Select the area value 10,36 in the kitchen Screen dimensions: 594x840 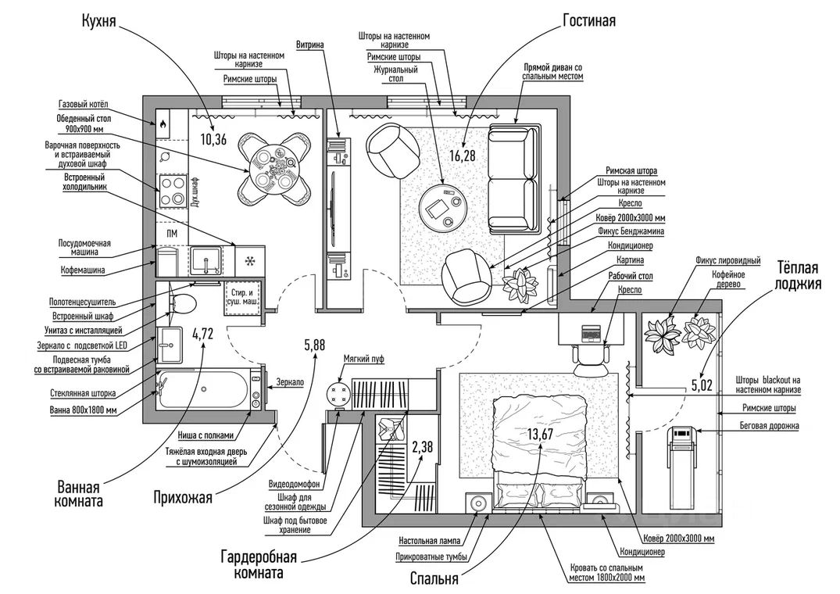213,141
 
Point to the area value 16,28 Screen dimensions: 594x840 462,156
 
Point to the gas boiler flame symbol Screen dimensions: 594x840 164,123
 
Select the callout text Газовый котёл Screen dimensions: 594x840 87,105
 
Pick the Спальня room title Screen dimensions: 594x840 434,579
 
